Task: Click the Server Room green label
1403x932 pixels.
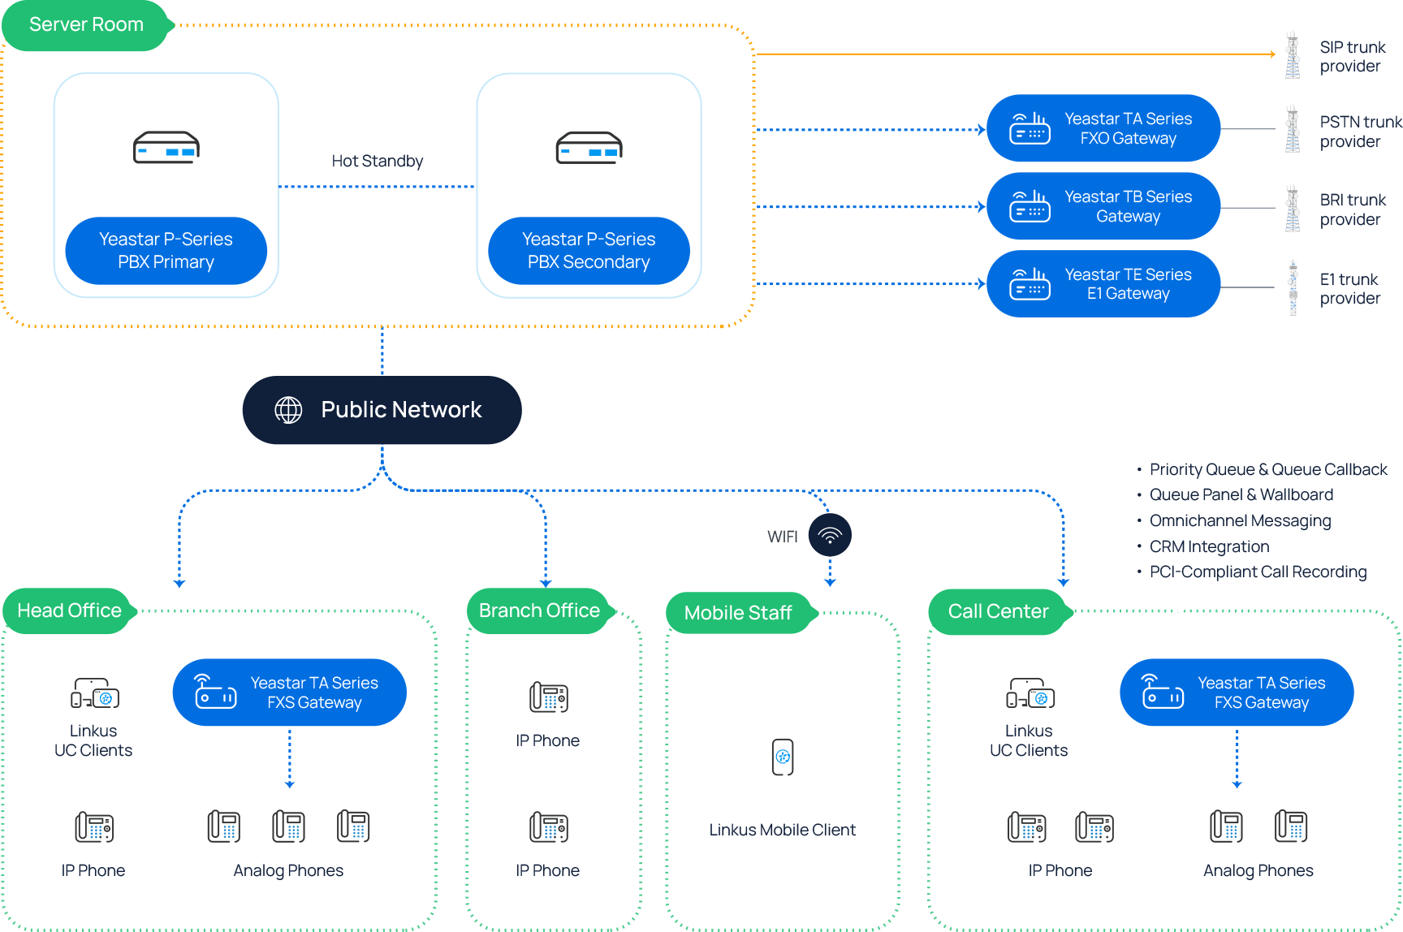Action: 86,25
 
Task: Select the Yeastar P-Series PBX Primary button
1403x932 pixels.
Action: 166,251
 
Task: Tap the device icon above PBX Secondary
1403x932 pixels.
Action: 589,148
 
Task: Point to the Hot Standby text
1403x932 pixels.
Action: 377,161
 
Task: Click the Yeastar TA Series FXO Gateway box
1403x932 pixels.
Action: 1103,128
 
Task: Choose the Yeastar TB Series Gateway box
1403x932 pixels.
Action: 1103,206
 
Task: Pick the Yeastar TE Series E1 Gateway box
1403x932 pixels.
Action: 1103,284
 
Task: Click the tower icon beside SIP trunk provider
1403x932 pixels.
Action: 1292,55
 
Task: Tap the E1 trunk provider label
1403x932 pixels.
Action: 1349,289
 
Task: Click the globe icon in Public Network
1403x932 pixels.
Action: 288,410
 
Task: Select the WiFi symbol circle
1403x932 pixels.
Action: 830,536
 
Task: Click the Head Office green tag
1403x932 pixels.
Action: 69,611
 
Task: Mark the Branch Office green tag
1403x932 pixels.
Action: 539,611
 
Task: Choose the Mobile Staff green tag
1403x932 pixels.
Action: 737,613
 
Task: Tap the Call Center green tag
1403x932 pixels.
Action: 998,611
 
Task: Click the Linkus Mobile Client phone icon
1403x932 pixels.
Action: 783,757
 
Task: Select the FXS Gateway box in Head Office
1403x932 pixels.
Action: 289,693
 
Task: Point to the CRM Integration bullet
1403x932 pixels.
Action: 1209,546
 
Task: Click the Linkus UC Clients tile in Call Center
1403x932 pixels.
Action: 1029,714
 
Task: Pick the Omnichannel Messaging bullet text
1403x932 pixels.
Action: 1240,520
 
